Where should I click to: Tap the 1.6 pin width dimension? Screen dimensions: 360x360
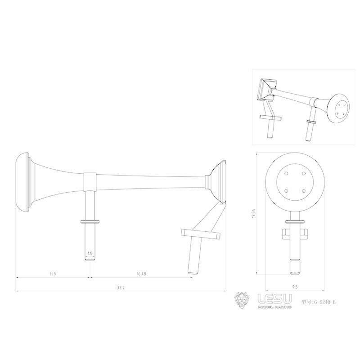(90, 253)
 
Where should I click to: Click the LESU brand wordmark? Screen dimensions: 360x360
(274, 298)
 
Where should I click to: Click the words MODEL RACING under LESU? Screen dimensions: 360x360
(274, 307)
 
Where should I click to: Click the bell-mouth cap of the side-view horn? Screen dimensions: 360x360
(22, 182)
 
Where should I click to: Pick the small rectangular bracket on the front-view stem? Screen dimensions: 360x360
(295, 234)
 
